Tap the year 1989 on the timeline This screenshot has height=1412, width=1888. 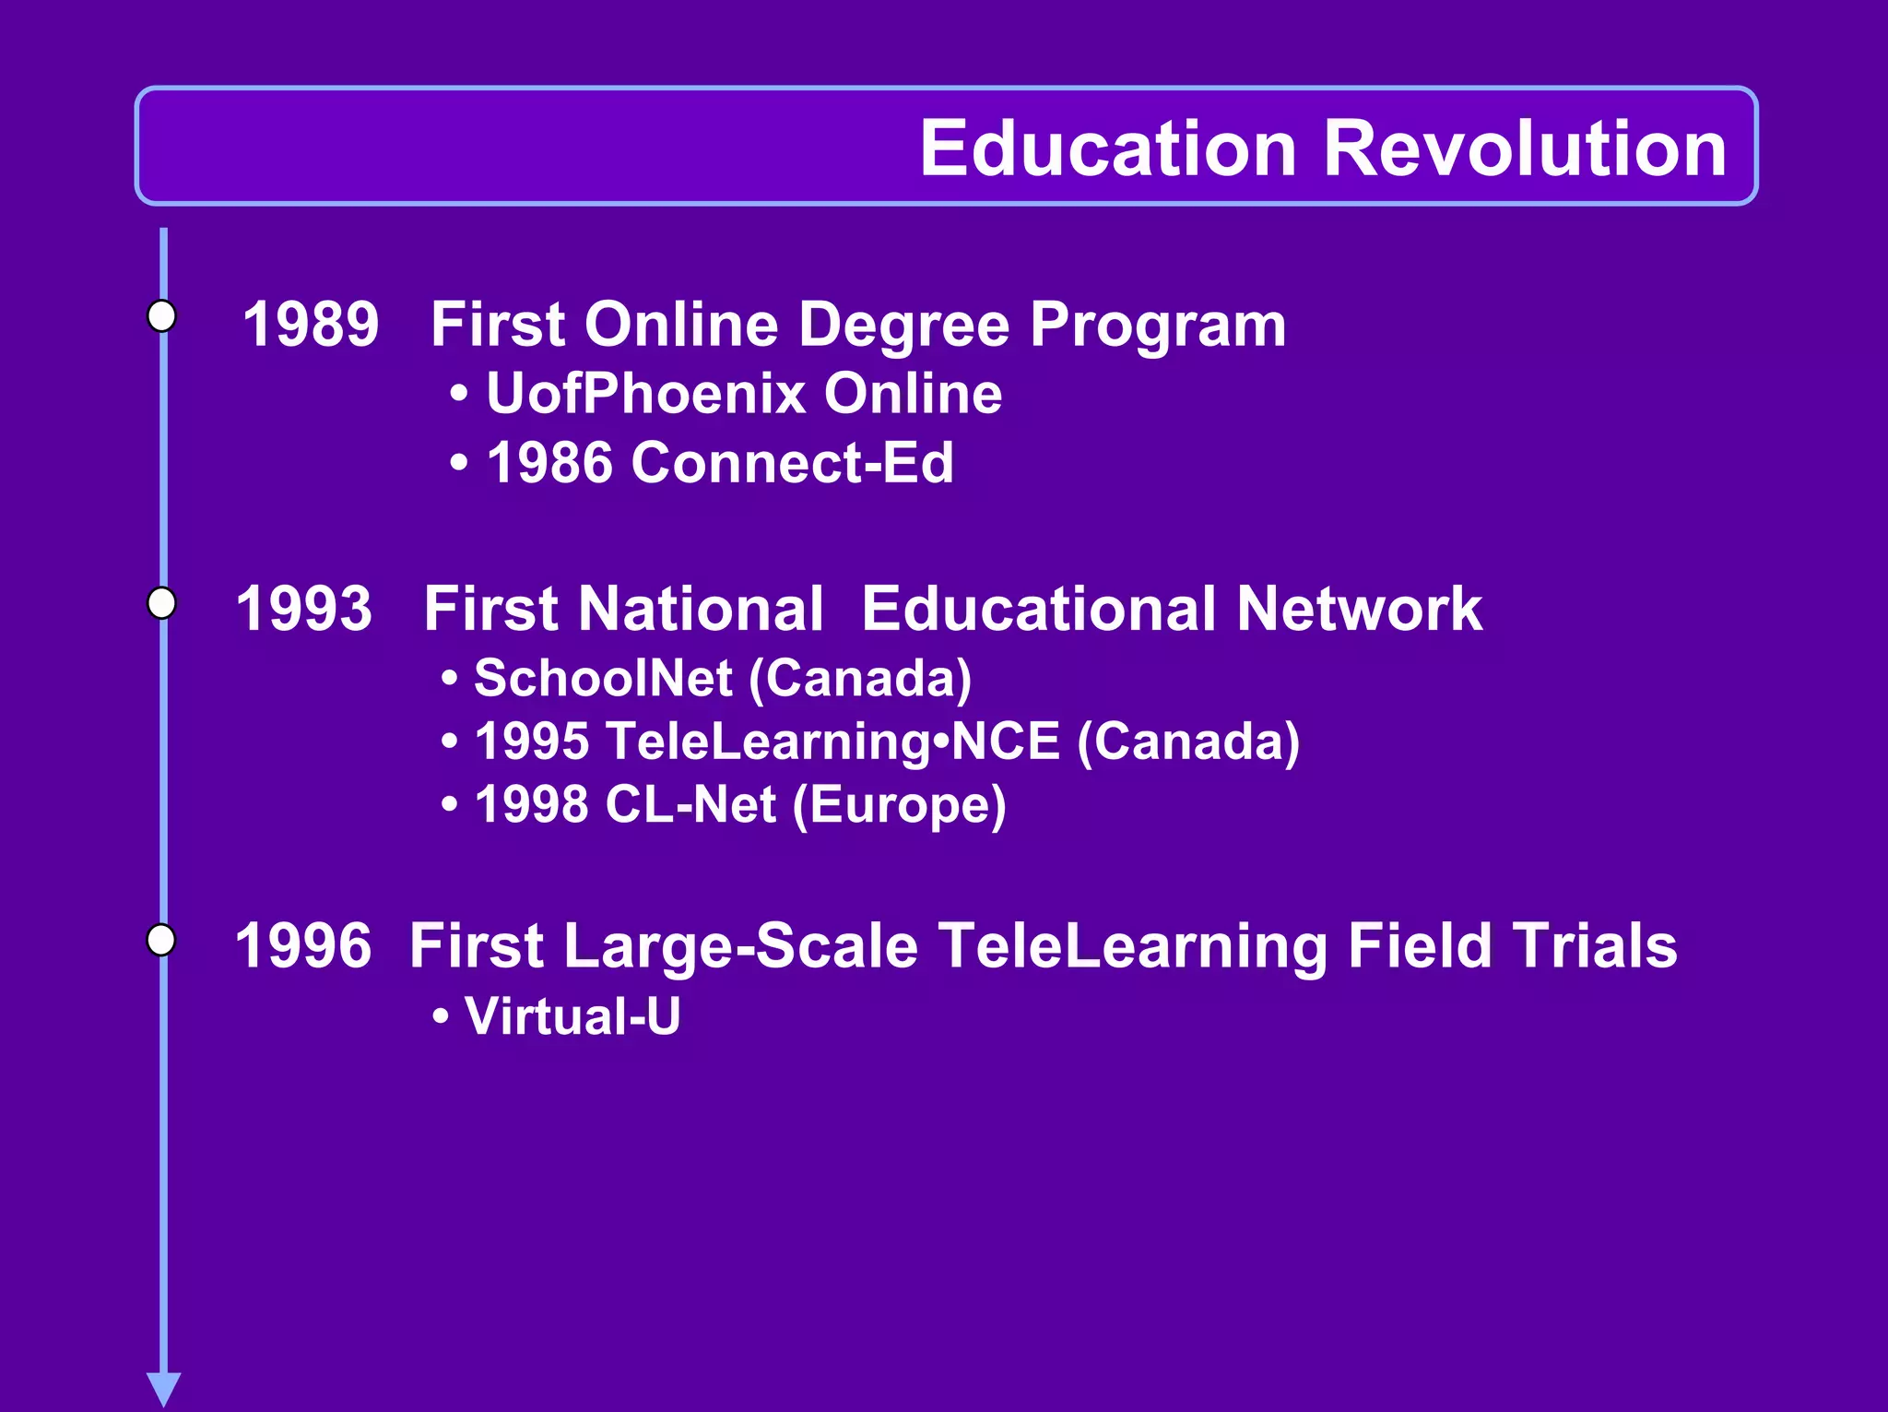311,325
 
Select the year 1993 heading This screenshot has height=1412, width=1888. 304,609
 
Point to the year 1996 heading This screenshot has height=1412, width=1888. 303,946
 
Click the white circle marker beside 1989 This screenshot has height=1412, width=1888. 162,315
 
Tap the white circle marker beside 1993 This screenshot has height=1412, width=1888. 162,603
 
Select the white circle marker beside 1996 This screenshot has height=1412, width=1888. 162,940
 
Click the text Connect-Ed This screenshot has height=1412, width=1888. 792,462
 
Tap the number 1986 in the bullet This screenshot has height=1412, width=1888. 549,462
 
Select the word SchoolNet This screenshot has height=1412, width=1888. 603,678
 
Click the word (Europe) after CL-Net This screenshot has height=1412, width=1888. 899,805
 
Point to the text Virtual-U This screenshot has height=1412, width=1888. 572,1016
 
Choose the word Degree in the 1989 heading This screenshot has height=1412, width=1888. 903,325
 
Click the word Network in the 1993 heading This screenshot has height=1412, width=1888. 1359,609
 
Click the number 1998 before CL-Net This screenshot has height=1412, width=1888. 531,805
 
